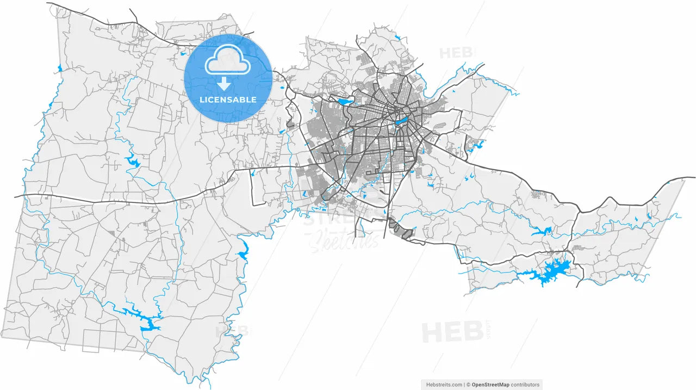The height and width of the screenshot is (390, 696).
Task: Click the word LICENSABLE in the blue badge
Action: click(228, 100)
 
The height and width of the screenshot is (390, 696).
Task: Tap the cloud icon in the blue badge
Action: click(228, 61)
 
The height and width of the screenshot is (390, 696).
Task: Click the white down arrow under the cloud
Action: click(223, 84)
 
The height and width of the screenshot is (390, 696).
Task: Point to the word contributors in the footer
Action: click(525, 385)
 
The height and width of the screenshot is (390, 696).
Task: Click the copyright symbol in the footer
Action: click(468, 385)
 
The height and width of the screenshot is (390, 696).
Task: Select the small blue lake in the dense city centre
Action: click(402, 120)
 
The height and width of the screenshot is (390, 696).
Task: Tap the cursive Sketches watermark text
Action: click(344, 240)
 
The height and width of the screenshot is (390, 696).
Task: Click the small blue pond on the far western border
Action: click(60, 69)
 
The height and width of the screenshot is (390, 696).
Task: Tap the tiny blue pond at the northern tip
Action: click(399, 38)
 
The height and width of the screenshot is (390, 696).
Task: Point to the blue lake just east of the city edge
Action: click(475, 145)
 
